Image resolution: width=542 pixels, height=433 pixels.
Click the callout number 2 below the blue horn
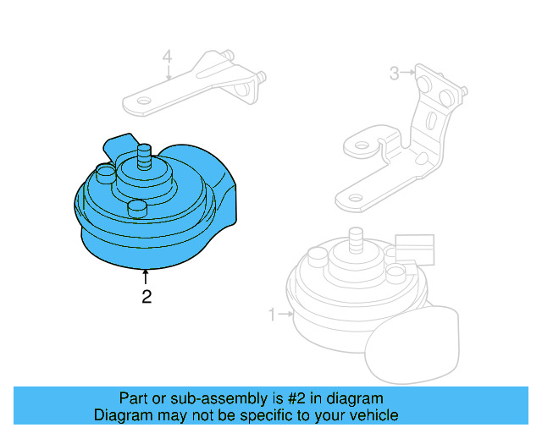pos(147,297)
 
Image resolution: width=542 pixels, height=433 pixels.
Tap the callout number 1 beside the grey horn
pos(273,315)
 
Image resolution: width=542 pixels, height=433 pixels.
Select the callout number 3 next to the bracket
pos(394,74)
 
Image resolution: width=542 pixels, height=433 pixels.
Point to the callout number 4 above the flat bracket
pos(168,58)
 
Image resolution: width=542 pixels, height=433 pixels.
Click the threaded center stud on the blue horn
pos(143,155)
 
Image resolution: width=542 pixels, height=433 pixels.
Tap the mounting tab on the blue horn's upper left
pos(119,145)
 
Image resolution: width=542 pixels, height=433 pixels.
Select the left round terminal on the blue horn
pos(105,174)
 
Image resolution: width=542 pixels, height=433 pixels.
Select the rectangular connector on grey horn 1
pos(414,249)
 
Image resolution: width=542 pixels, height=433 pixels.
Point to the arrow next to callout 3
pos(408,74)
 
